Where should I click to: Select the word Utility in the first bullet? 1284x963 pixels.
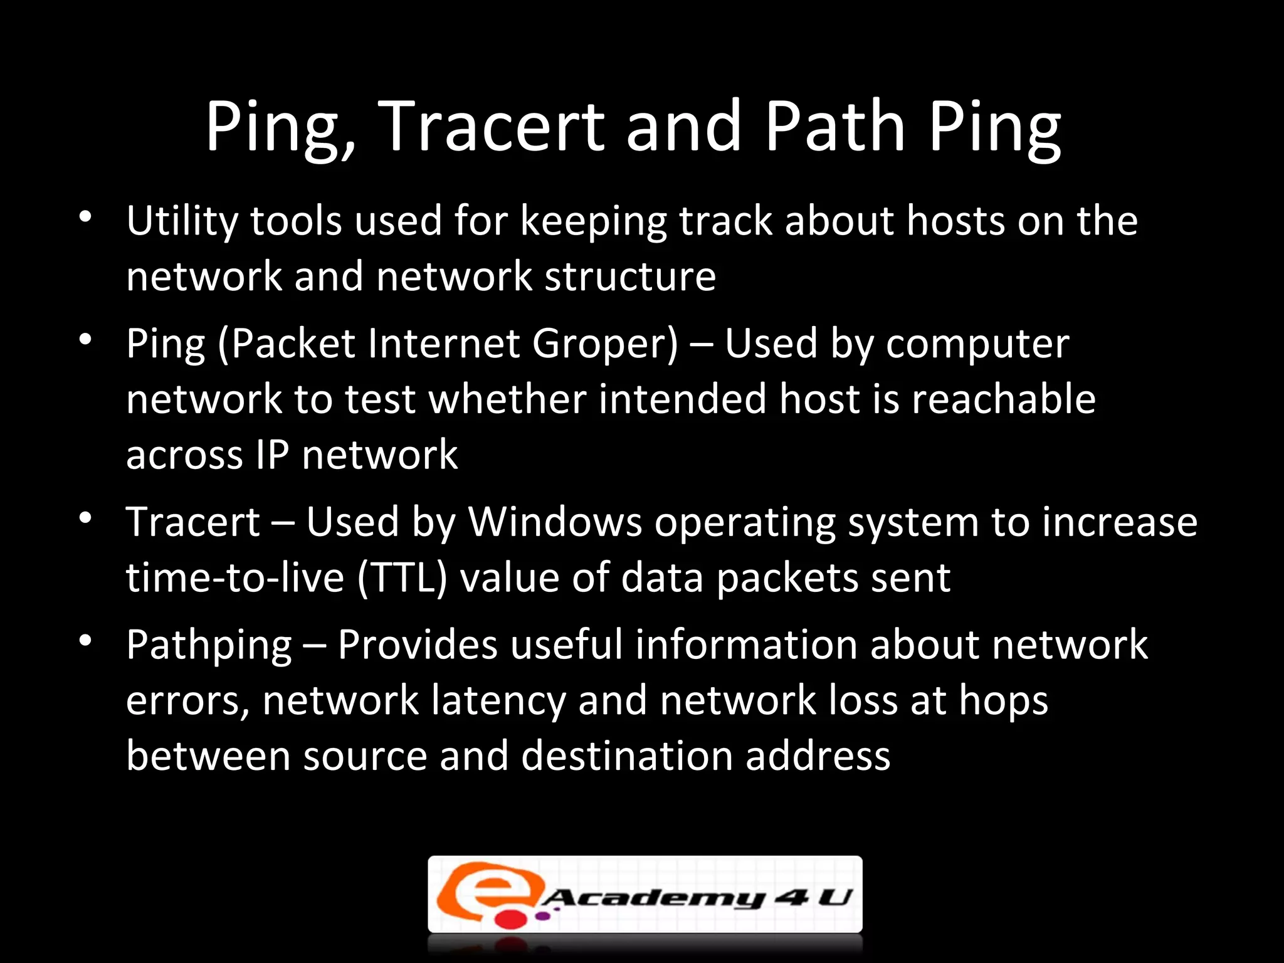point(182,222)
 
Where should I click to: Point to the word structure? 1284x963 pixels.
point(630,276)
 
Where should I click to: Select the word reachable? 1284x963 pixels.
point(1003,399)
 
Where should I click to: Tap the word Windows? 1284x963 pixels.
point(555,522)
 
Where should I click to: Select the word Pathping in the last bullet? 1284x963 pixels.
point(209,645)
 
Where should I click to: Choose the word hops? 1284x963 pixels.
point(1003,700)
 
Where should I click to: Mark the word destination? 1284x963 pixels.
point(627,755)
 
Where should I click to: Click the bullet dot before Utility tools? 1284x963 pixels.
point(86,218)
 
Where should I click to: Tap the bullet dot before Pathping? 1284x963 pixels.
point(86,641)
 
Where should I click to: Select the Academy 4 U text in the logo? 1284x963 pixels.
point(696,898)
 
